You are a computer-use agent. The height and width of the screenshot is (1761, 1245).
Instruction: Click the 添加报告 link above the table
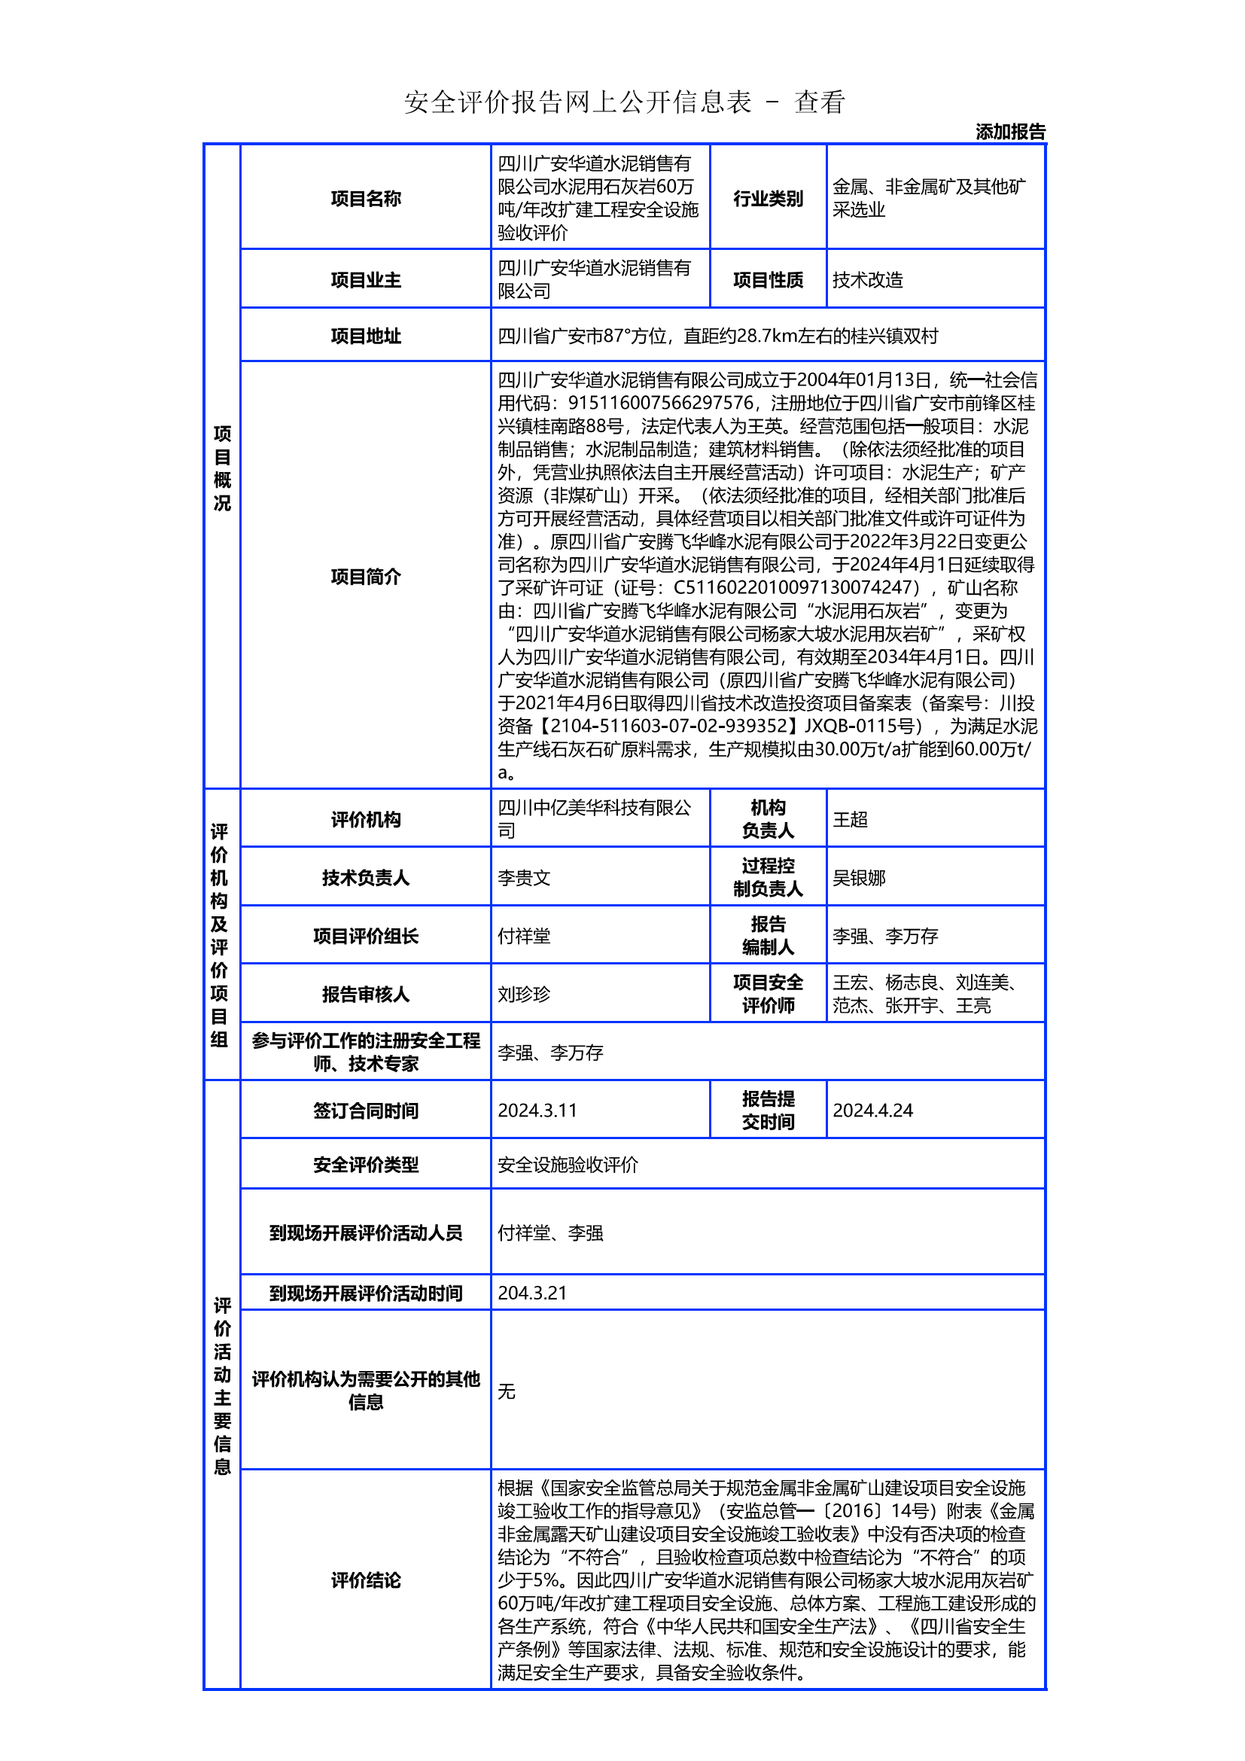click(x=1009, y=132)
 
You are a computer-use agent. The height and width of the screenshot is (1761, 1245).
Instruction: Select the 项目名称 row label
click(x=366, y=199)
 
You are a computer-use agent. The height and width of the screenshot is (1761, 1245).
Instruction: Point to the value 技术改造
click(x=868, y=280)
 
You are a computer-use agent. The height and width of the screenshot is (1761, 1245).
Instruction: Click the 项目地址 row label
click(x=366, y=336)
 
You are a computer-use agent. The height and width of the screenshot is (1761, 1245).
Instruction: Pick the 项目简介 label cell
click(x=366, y=577)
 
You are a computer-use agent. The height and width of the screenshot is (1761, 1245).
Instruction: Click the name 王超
click(x=850, y=819)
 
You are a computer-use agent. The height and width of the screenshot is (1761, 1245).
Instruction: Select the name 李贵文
click(x=525, y=877)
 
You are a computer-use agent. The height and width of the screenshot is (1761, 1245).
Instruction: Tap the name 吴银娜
click(x=859, y=877)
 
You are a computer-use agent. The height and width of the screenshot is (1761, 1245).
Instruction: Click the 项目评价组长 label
click(x=366, y=936)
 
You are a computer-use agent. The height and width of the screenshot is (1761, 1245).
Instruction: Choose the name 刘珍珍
click(x=525, y=994)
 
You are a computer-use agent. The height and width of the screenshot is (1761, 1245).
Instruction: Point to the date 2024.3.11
click(x=537, y=1111)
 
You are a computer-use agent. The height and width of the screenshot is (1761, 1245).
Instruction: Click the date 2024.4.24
click(x=872, y=1111)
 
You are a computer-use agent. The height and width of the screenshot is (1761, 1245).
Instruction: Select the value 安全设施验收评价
click(x=568, y=1165)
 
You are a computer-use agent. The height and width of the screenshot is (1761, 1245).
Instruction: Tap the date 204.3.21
click(x=532, y=1293)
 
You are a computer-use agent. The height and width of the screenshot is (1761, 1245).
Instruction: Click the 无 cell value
click(x=507, y=1391)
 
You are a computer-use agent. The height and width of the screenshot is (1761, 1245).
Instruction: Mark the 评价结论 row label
click(x=366, y=1580)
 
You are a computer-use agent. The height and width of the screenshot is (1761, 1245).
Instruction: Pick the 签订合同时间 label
click(x=366, y=1111)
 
